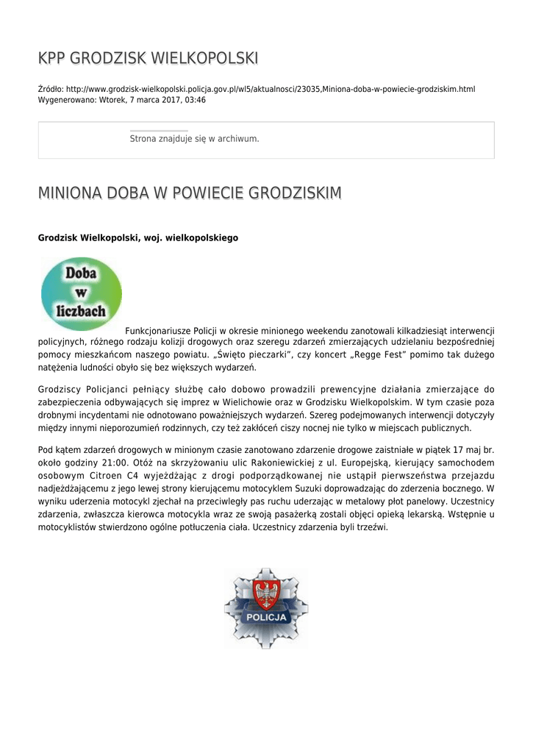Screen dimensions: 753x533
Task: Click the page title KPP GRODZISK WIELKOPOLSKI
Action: (148, 58)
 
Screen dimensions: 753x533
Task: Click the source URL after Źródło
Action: (271, 89)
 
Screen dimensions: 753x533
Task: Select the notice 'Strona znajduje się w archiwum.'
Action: (194, 138)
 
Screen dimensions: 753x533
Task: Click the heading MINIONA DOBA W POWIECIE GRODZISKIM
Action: (190, 193)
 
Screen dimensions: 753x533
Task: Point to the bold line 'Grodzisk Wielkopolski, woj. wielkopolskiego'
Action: (137, 238)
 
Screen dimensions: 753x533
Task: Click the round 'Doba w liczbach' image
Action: (82, 293)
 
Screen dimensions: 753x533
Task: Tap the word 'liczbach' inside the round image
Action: (81, 311)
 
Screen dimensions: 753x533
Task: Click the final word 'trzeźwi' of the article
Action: (370, 527)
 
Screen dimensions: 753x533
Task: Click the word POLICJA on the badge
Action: (266, 618)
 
